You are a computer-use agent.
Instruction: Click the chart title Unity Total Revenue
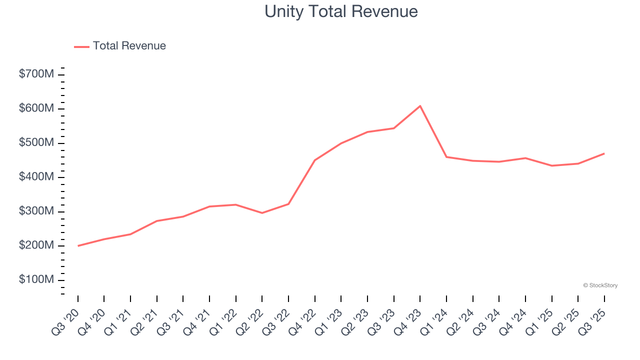point(341,11)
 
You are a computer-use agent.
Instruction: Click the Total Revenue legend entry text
point(129,46)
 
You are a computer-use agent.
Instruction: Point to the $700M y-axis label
point(36,74)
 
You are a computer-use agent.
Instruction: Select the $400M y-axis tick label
point(36,177)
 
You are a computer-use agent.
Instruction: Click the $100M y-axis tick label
point(36,279)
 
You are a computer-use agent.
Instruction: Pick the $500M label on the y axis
point(36,143)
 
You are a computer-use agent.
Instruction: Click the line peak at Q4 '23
point(420,106)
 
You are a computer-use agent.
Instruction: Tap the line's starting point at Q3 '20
point(78,245)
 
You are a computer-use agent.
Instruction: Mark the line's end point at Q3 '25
point(604,153)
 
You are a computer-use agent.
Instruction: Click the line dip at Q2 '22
point(262,213)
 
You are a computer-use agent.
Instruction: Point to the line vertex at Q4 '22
point(315,160)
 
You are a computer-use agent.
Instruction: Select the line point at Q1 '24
point(446,157)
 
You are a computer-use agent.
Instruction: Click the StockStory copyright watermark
point(600,285)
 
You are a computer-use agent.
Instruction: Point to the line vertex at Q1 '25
point(551,165)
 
